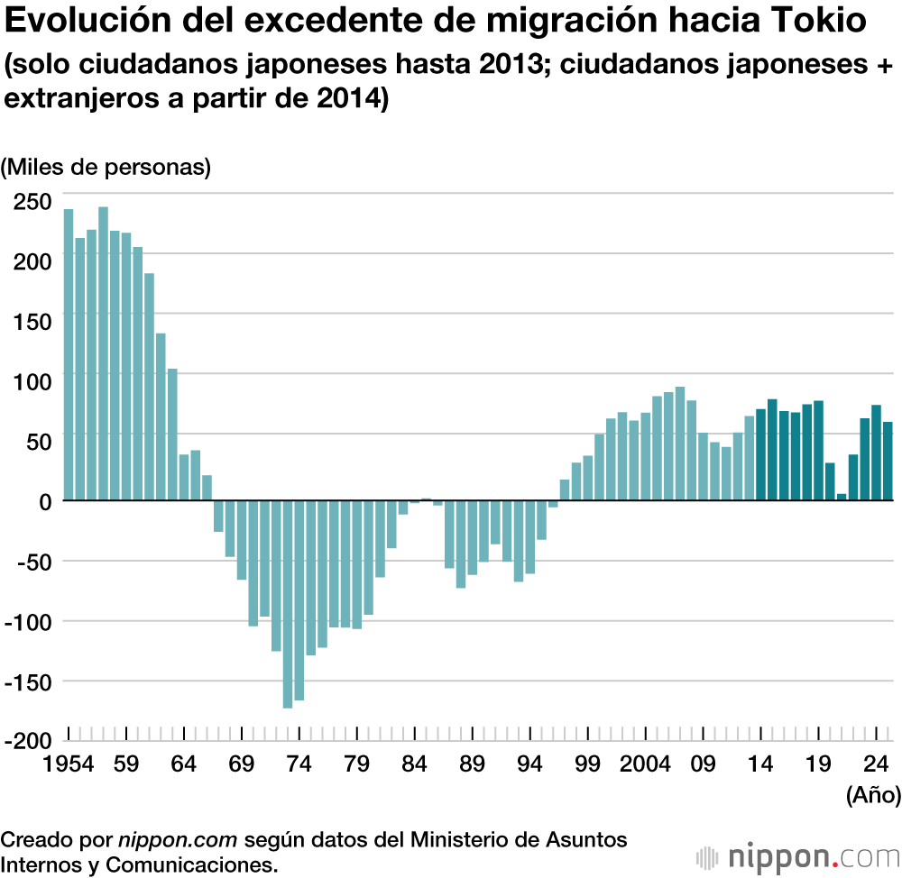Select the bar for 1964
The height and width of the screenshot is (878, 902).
point(184,477)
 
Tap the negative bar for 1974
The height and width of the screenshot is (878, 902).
point(299,599)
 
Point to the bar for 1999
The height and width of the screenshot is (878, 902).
point(587,477)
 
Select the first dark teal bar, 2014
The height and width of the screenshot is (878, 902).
point(760,454)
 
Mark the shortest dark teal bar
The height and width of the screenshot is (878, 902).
point(842,496)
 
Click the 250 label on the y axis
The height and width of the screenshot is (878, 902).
point(32,201)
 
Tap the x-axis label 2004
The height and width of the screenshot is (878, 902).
point(645,764)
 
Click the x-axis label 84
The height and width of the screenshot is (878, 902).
point(414,764)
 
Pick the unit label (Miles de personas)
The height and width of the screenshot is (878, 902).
point(106,167)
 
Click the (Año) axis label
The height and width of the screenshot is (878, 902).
point(872,795)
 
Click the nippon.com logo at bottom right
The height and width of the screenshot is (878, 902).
point(797,855)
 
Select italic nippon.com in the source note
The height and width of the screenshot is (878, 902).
point(178,840)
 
